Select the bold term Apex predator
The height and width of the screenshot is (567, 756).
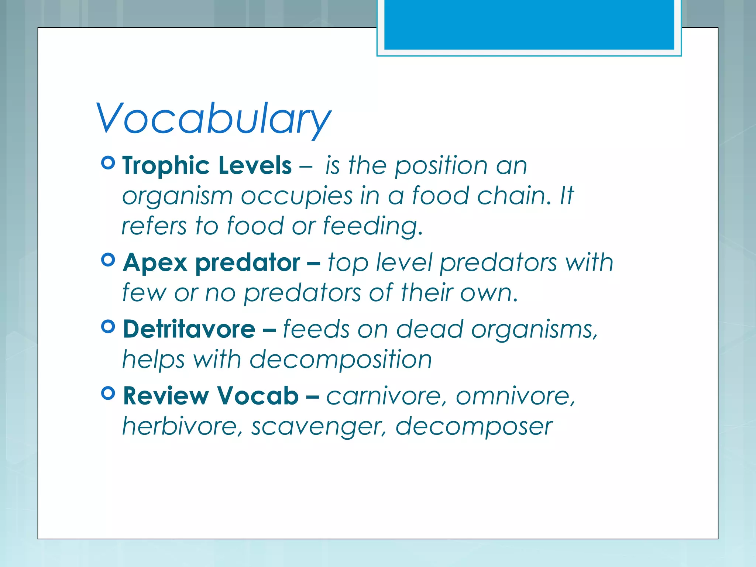pyautogui.click(x=211, y=263)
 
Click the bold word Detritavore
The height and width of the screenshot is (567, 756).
pyautogui.click(x=189, y=329)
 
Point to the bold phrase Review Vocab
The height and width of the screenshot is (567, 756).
pyautogui.click(x=211, y=396)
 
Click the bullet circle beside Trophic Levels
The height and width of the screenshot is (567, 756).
pyautogui.click(x=108, y=163)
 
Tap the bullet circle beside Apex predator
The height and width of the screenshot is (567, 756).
pyautogui.click(x=108, y=260)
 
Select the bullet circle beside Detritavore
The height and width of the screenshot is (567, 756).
pyautogui.click(x=108, y=326)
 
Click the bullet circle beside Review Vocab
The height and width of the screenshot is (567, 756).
pyautogui.click(x=108, y=393)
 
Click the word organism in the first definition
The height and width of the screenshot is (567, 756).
pyautogui.click(x=177, y=197)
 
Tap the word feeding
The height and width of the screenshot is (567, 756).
pyautogui.click(x=372, y=226)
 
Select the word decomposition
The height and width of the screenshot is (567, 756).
pyautogui.click(x=340, y=360)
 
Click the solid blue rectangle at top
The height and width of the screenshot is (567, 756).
pyautogui.click(x=529, y=24)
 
